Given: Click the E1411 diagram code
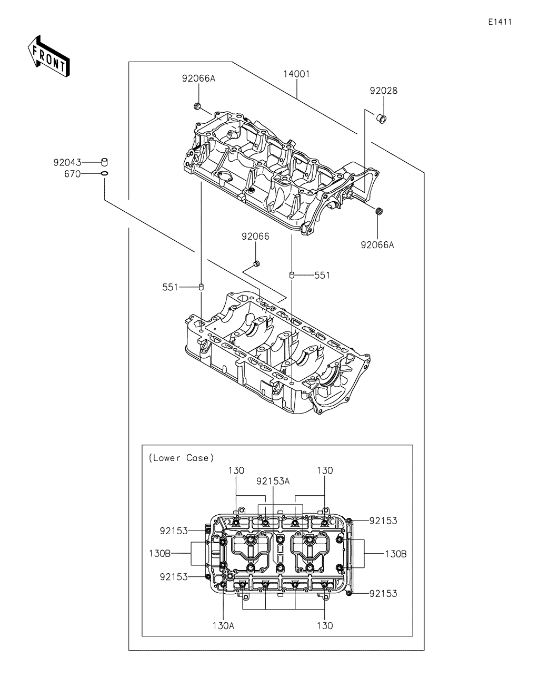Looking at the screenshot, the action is pos(500,22).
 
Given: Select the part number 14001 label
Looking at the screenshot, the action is pos(296,74).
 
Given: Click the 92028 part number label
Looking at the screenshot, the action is pos(384,91).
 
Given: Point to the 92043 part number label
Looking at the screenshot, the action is pos(67,163).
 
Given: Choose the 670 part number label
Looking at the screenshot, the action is pos(72,174).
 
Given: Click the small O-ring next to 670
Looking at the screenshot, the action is pos(104,174).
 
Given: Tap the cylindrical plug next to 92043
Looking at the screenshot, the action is pos(104,162).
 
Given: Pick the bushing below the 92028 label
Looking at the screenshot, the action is pos(381,119).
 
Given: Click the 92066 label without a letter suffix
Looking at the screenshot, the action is pos(255,237).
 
